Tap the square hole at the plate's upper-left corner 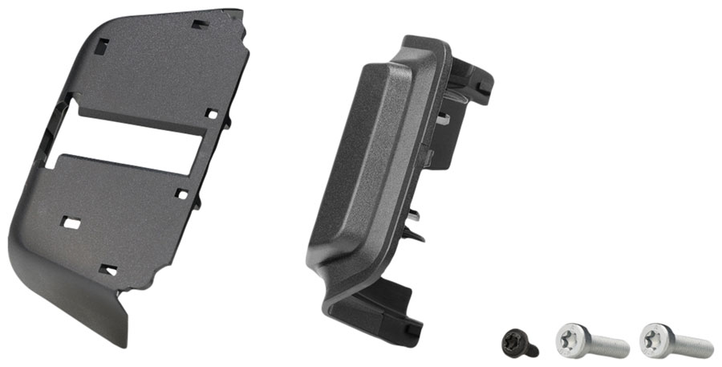pos(100,47)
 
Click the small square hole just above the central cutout pos(210,113)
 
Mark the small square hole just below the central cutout pos(182,194)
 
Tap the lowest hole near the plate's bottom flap pos(107,270)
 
